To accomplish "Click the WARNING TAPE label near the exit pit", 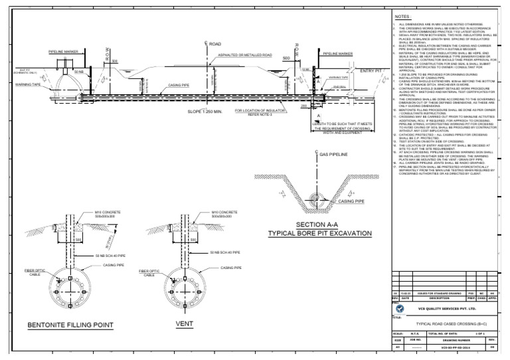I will click(x=19, y=85).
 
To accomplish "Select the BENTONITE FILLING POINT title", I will click(x=71, y=325).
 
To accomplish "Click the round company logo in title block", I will click(x=399, y=308).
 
